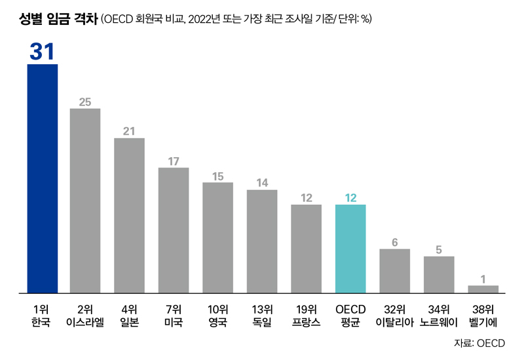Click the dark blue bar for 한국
click(x=42, y=178)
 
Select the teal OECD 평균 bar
click(x=350, y=249)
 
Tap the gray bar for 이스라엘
click(x=85, y=200)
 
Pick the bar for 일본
click(x=129, y=215)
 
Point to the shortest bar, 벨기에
click(x=483, y=289)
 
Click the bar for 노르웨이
click(x=439, y=274)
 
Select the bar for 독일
click(x=262, y=241)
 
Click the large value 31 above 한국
click(x=42, y=52)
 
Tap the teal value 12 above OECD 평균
click(x=350, y=197)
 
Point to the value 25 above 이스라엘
click(x=85, y=101)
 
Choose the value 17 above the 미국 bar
click(x=174, y=160)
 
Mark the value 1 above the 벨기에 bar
click(x=483, y=279)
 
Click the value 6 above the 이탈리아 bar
click(x=394, y=242)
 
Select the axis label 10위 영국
click(x=217, y=316)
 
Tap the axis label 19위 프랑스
click(x=306, y=316)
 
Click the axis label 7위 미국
click(x=174, y=316)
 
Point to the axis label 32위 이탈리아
click(x=394, y=316)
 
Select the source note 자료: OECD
click(x=479, y=343)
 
